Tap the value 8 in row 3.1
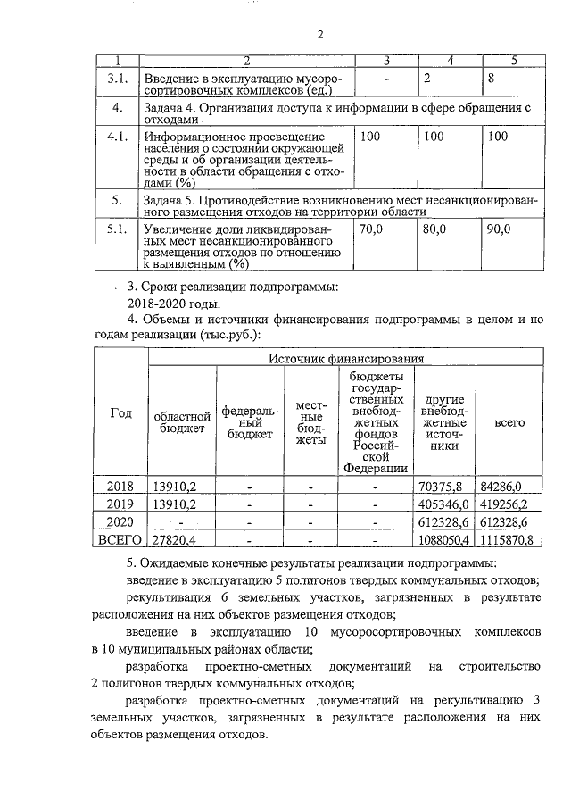491,79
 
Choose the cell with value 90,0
497,229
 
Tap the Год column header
120,413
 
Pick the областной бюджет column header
183,421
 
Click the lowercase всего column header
509,421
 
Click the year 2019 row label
120,504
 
